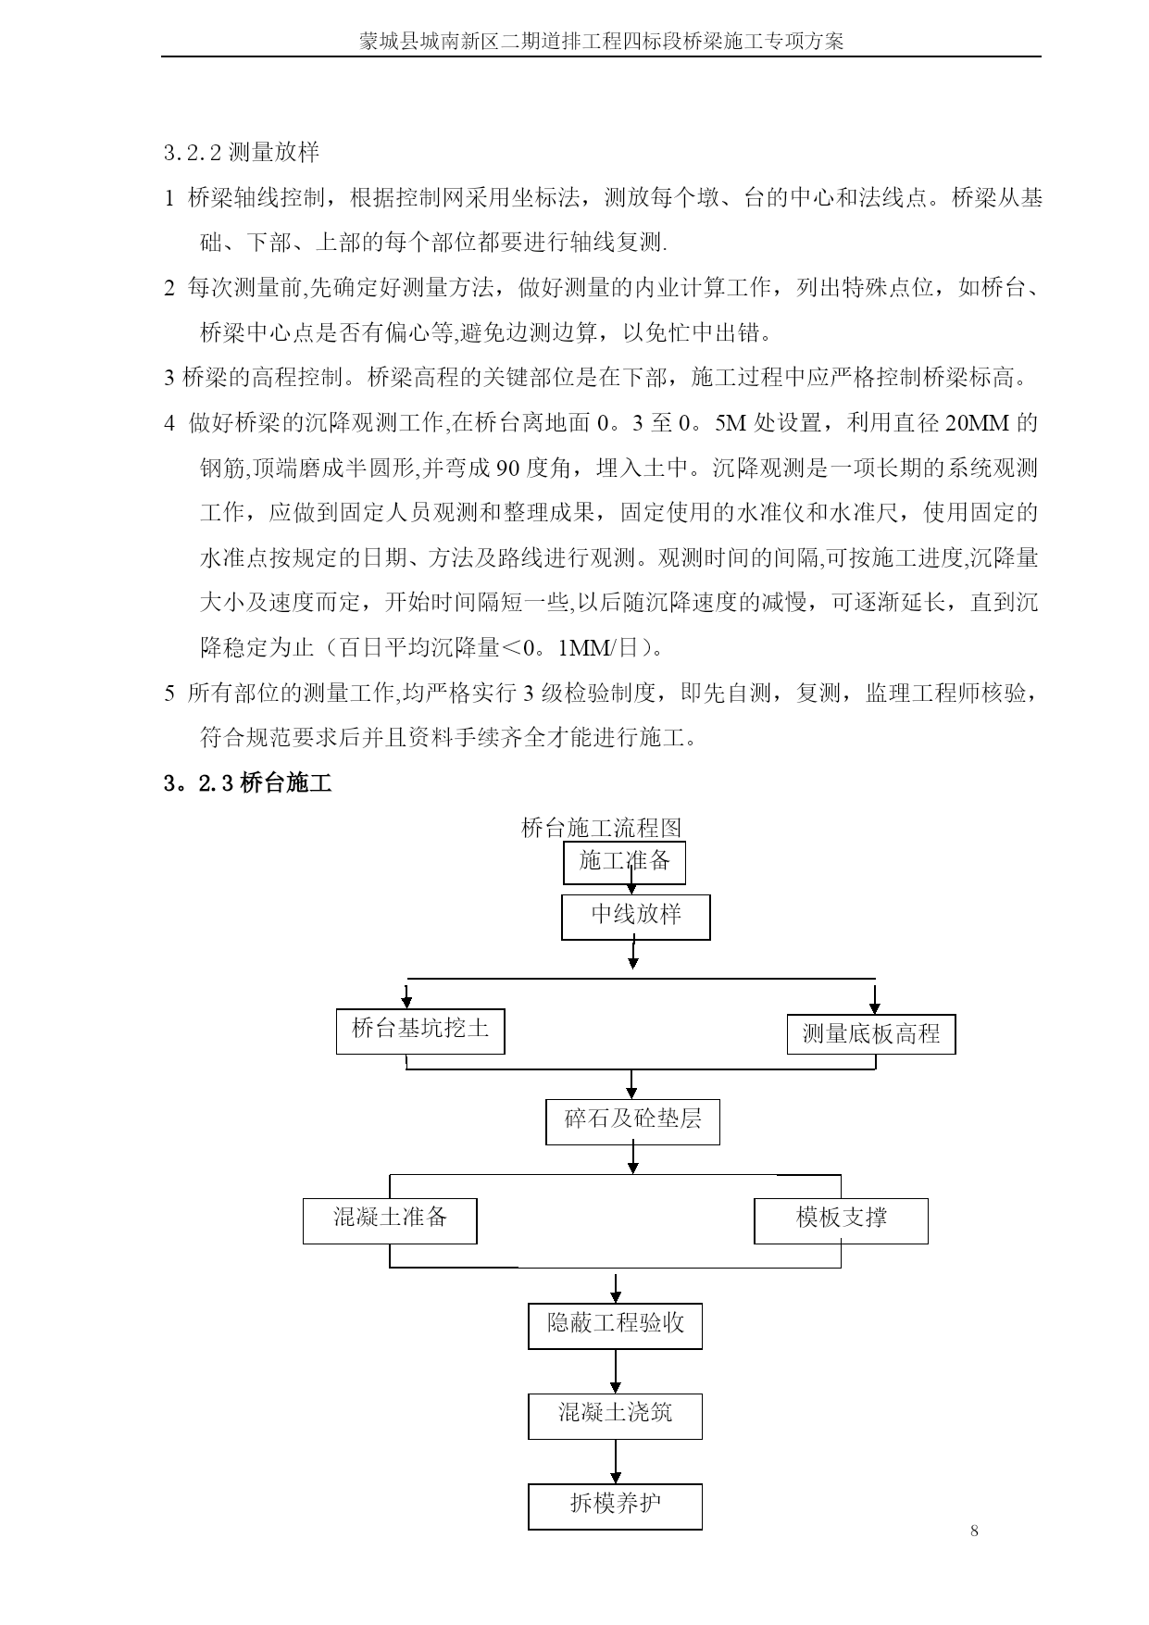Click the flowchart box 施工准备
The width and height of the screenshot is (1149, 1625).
(x=624, y=862)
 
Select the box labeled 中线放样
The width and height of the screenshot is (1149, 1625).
(x=636, y=917)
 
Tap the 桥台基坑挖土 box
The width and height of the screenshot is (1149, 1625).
(x=420, y=1031)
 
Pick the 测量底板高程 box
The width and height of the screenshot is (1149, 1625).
(x=870, y=1034)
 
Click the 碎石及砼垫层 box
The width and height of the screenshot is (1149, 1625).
(x=632, y=1121)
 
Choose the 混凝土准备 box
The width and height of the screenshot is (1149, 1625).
(x=390, y=1220)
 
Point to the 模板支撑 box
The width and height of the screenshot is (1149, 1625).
(x=841, y=1220)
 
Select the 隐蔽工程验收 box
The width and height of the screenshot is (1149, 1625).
(x=615, y=1326)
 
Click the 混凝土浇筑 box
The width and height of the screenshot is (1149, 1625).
(x=615, y=1416)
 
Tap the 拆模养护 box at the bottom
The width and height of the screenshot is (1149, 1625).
(x=615, y=1506)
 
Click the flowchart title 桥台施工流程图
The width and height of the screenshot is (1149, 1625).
(x=602, y=827)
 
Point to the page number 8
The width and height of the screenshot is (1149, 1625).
(x=974, y=1531)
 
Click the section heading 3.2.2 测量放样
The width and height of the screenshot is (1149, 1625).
(x=242, y=153)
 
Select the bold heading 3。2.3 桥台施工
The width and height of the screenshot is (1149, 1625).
(x=247, y=783)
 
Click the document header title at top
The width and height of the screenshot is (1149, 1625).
(x=601, y=42)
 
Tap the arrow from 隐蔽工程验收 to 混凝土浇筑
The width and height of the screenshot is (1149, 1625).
(x=615, y=1371)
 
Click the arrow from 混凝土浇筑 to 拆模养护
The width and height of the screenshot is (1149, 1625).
(x=615, y=1462)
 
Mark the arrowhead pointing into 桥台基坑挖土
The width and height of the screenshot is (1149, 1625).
(x=406, y=1003)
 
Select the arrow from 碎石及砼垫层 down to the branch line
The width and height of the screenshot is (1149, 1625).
(x=633, y=1159)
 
